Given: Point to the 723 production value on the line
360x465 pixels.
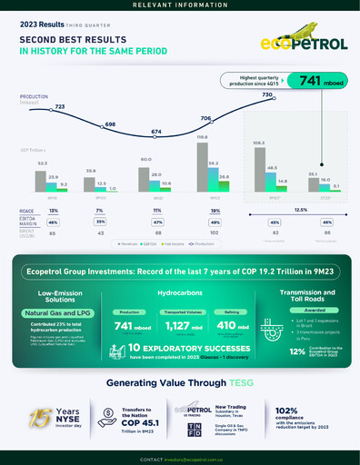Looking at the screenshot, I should [59, 107].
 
